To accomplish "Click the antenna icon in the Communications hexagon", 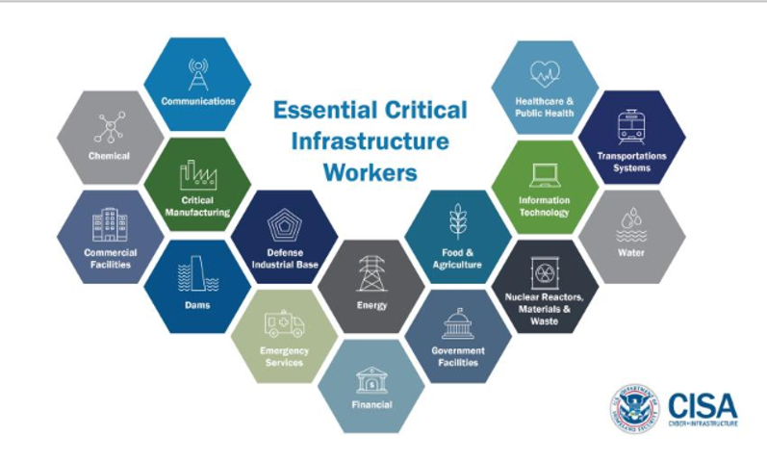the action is [197, 73].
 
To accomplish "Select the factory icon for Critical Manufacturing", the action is [196, 175].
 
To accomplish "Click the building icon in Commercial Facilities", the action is [109, 225].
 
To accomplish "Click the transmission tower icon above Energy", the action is [371, 272].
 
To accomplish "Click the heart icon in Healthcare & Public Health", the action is [545, 74].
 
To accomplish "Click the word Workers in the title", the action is [370, 174].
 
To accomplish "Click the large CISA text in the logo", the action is [702, 401].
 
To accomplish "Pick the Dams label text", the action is [197, 305].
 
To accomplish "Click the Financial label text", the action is [371, 405].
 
